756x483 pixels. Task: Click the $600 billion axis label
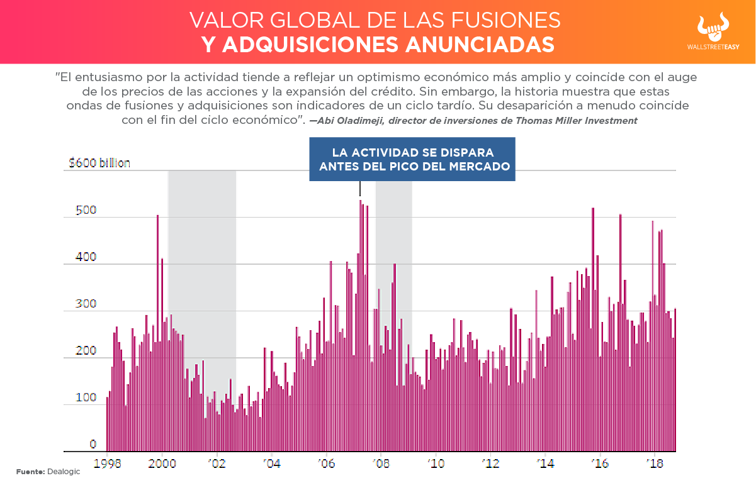coord(99,163)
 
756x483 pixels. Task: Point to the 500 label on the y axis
coord(86,210)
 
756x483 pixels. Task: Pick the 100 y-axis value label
coord(86,397)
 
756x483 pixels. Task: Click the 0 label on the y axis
coord(93,445)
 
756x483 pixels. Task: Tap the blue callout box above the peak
coord(412,160)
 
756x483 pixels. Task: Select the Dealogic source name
coord(64,472)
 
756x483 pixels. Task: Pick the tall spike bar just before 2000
coord(157,333)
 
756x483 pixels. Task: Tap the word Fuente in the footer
coord(30,472)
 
